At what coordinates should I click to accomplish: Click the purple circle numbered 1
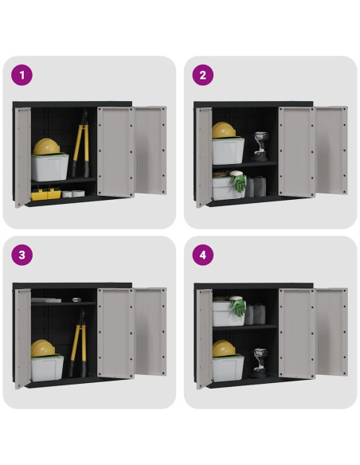point(22,75)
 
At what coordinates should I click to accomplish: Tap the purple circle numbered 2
point(203,75)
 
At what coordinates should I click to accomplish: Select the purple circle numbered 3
point(22,255)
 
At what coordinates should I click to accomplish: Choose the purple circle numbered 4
point(203,255)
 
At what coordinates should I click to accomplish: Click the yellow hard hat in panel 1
point(46,147)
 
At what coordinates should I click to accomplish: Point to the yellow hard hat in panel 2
point(224,131)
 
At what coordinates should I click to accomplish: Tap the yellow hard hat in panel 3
point(43,348)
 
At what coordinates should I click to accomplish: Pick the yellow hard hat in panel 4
point(224,349)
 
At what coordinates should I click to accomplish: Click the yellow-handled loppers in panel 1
point(80,144)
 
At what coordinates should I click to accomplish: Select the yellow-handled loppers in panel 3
point(78,343)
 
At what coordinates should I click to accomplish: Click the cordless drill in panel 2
point(260,147)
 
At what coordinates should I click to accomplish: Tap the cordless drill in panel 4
point(259,363)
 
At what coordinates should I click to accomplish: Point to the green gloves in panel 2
point(238,182)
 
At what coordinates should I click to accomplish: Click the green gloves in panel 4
point(238,307)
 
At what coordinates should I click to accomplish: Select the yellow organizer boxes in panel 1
point(46,193)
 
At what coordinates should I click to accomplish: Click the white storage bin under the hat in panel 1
point(50,167)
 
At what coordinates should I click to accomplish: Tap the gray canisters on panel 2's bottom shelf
point(256,186)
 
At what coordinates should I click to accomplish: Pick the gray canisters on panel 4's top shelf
point(255,314)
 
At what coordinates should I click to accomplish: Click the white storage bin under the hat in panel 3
point(48,368)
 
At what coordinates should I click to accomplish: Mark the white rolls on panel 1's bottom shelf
point(73,193)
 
